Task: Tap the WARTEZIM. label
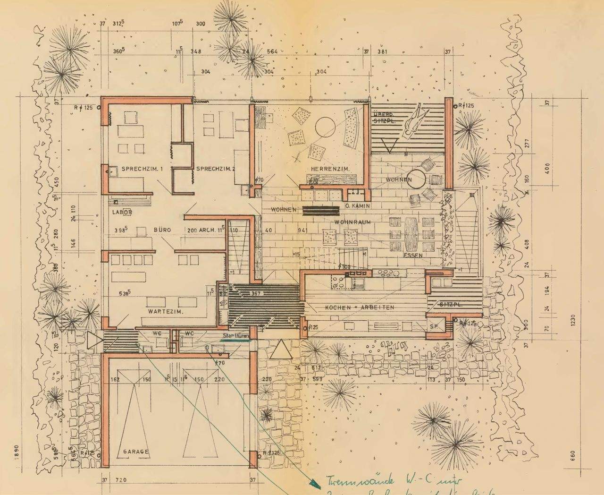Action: coord(165,312)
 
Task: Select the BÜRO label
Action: coord(162,230)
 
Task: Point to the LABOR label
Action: coord(122,213)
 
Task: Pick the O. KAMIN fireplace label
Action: coord(357,206)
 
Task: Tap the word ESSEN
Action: coord(413,256)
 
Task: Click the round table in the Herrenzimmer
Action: coord(325,126)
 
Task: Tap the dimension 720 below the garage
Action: coord(121,480)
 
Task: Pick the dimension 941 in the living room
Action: coord(302,230)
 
